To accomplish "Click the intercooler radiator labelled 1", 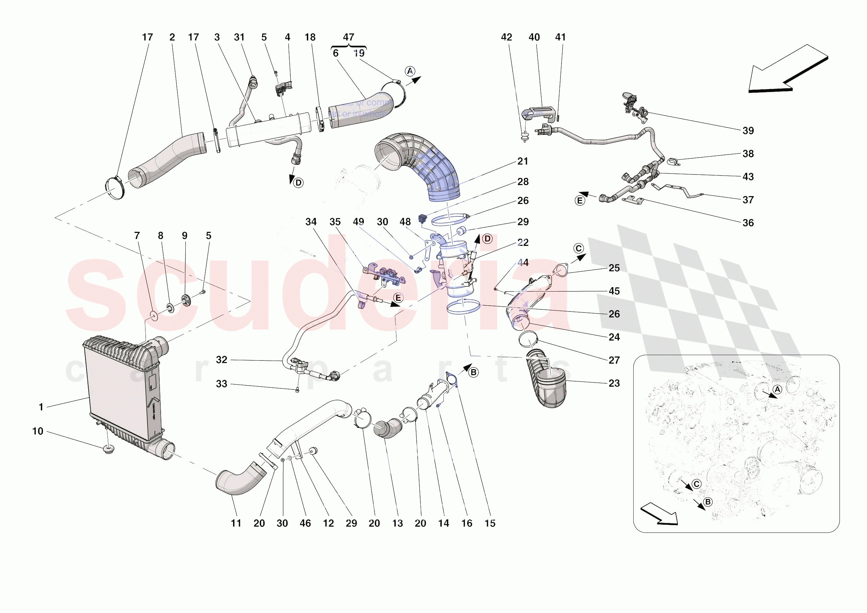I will pos(121,389).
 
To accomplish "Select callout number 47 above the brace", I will pos(348,37).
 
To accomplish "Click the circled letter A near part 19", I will pos(410,71).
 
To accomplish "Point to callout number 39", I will pos(748,131).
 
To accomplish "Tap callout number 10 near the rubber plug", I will pos(38,431).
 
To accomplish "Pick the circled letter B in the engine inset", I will pos(708,502).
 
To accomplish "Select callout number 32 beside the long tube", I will pos(222,360).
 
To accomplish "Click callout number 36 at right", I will pos(748,223).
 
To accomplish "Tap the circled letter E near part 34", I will pos(398,298).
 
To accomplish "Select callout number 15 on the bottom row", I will pos(490,523).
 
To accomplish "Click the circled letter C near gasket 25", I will pos(578,248).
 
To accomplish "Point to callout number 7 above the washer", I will pos(137,236).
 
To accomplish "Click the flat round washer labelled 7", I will pos(154,316).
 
